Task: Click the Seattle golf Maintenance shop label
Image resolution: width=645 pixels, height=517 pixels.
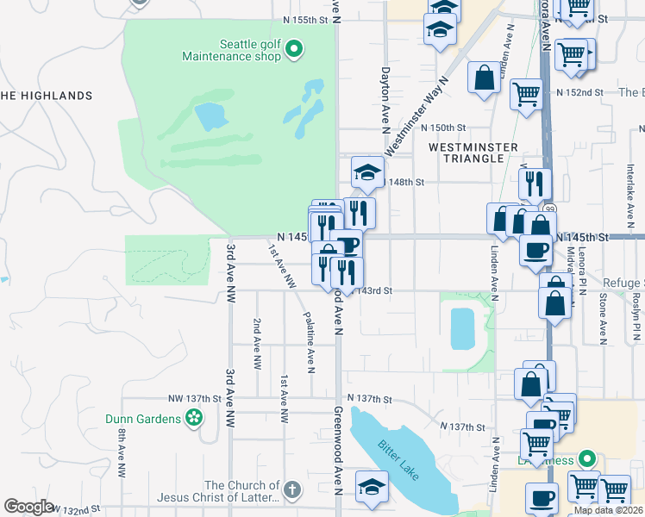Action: [x=231, y=50]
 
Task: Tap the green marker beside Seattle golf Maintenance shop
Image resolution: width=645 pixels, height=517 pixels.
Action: [x=293, y=49]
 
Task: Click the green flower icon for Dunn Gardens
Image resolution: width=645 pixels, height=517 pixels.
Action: [x=194, y=420]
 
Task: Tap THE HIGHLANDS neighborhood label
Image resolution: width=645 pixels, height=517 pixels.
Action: [x=46, y=96]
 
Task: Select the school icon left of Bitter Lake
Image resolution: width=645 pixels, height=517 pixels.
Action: [x=372, y=487]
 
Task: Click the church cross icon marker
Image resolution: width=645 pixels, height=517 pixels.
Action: [x=292, y=490]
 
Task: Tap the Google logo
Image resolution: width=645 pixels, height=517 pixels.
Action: [x=28, y=507]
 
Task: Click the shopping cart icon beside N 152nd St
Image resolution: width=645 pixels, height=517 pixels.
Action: [x=526, y=93]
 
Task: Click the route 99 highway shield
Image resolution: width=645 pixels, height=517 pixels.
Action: [x=550, y=209]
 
